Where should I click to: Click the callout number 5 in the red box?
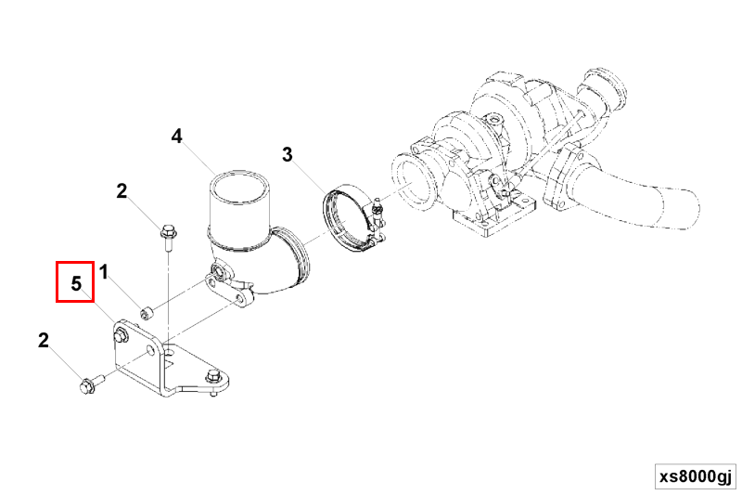click(76, 283)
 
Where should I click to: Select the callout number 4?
click(176, 137)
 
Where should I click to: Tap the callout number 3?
click(288, 154)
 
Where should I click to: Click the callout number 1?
click(104, 272)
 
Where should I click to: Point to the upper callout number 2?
click(122, 191)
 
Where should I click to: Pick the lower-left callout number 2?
click(43, 340)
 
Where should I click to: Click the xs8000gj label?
click(696, 476)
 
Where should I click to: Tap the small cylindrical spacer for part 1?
click(146, 313)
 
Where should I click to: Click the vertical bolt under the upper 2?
click(167, 239)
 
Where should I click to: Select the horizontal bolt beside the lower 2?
click(92, 384)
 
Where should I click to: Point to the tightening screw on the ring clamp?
click(378, 211)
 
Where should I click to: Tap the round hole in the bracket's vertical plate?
click(151, 351)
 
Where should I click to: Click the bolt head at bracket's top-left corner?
click(121, 334)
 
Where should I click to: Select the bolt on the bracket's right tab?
click(212, 378)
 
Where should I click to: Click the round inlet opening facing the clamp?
click(410, 181)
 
